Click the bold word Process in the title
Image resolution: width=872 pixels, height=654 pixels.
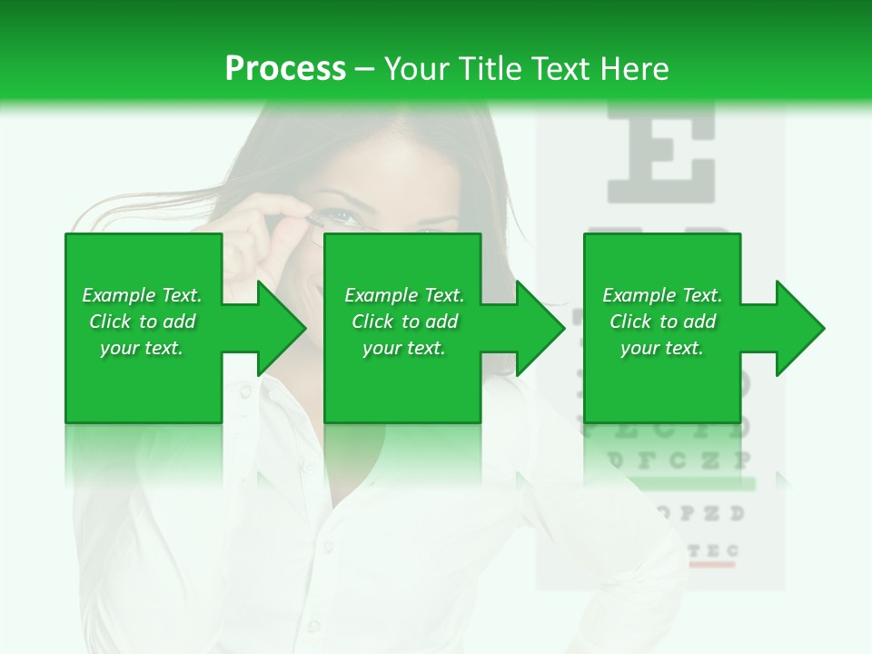point(285,69)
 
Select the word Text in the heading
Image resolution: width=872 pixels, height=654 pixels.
point(560,69)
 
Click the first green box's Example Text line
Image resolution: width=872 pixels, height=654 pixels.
point(142,295)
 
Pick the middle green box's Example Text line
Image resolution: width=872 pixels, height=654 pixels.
point(404,295)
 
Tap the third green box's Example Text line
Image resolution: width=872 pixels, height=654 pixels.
point(662,295)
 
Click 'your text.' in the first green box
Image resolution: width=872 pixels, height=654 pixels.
point(142,348)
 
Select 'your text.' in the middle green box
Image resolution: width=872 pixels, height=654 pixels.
point(404,348)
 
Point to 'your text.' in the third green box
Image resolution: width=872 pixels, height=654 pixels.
point(662,348)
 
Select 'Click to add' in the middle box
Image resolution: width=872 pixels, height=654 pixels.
point(404,322)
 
